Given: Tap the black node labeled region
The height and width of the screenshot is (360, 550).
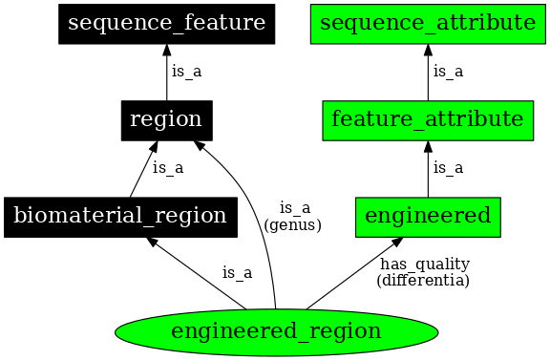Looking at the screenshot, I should point(166,120).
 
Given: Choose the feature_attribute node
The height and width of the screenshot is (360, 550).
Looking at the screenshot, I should point(427,120).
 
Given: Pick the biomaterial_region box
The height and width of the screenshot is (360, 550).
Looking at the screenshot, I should point(119,217).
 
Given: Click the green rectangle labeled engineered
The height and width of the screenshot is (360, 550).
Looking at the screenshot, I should point(427,217).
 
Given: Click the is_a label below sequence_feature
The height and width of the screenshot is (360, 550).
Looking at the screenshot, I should point(186,72).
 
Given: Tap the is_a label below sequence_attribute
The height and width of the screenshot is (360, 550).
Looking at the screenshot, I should point(448,72).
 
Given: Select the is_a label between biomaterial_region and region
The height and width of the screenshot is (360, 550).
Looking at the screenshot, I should point(168,168).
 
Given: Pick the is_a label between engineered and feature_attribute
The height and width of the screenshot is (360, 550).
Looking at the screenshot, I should point(448,168).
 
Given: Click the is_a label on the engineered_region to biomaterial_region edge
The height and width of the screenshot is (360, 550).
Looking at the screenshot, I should point(237,273).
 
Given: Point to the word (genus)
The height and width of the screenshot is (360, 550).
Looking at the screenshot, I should point(293,225).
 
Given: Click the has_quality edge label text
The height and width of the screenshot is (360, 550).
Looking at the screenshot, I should point(424,265).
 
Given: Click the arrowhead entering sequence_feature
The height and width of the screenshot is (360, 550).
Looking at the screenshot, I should point(166,50).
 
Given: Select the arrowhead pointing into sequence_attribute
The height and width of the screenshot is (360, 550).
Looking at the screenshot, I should point(427,50).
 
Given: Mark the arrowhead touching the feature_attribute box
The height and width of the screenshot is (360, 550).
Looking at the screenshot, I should point(427,146).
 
